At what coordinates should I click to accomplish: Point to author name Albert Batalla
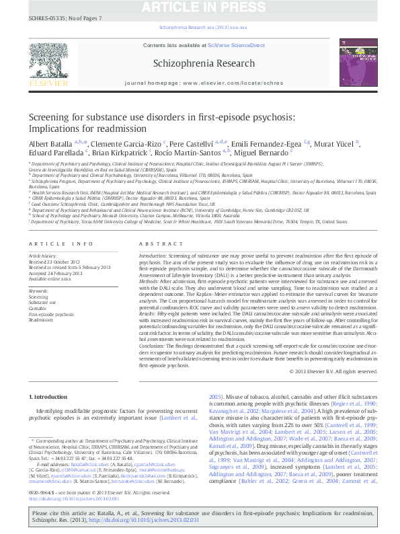(51, 144)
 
